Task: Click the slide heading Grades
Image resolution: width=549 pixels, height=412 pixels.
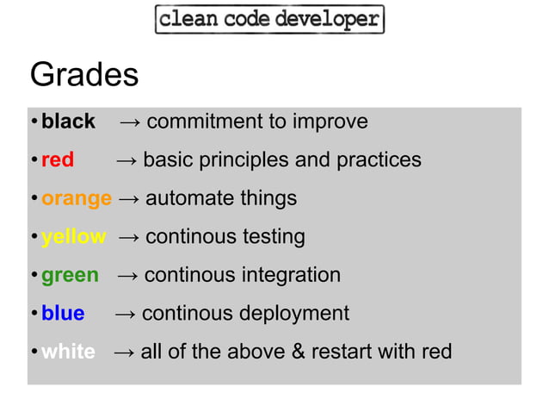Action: [x=83, y=75]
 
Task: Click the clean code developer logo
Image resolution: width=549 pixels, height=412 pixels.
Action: [x=269, y=19]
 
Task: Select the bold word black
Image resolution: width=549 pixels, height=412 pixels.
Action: [x=68, y=122]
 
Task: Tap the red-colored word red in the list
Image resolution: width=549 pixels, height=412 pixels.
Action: [x=58, y=160]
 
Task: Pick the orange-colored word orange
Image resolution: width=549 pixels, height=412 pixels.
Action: [x=77, y=199]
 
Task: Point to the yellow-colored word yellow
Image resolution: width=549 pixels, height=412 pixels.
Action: [x=73, y=237]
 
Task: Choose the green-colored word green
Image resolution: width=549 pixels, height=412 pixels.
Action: [x=70, y=276]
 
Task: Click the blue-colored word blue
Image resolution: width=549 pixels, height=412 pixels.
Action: [x=63, y=314]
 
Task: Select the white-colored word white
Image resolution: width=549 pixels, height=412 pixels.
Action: [x=68, y=353]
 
